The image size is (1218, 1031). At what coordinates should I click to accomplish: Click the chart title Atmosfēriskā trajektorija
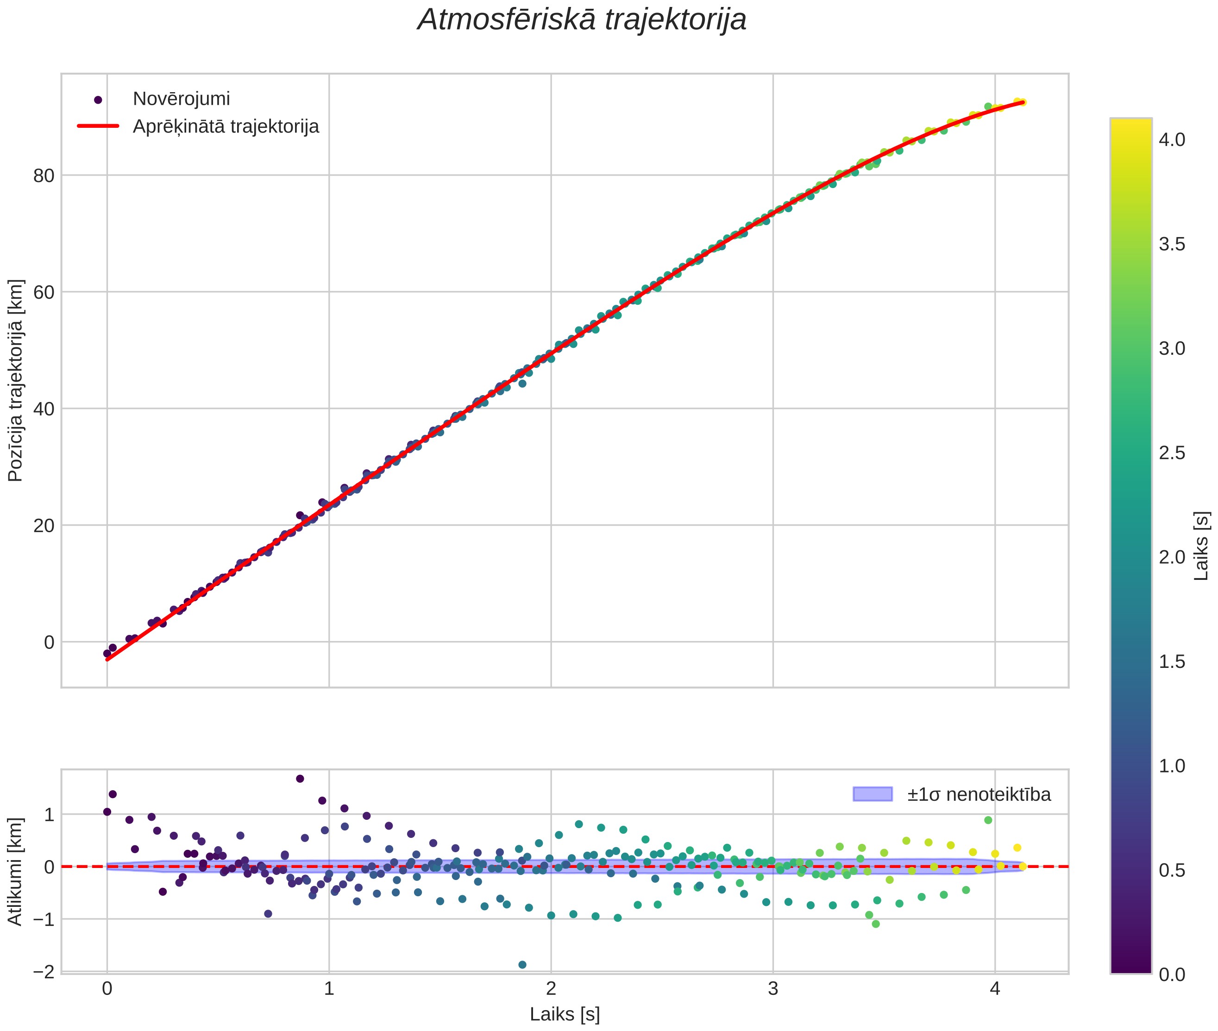(x=582, y=20)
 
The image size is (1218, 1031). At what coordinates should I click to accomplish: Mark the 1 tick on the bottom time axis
(x=329, y=989)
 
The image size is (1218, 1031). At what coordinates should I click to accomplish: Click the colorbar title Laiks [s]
(x=1200, y=546)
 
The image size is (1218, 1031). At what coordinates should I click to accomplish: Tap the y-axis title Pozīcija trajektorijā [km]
(x=15, y=381)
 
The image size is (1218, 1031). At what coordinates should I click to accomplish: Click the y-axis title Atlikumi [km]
(x=15, y=872)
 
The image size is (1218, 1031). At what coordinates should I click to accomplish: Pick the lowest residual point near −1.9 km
(x=522, y=964)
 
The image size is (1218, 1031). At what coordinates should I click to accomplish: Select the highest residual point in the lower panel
(x=300, y=779)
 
